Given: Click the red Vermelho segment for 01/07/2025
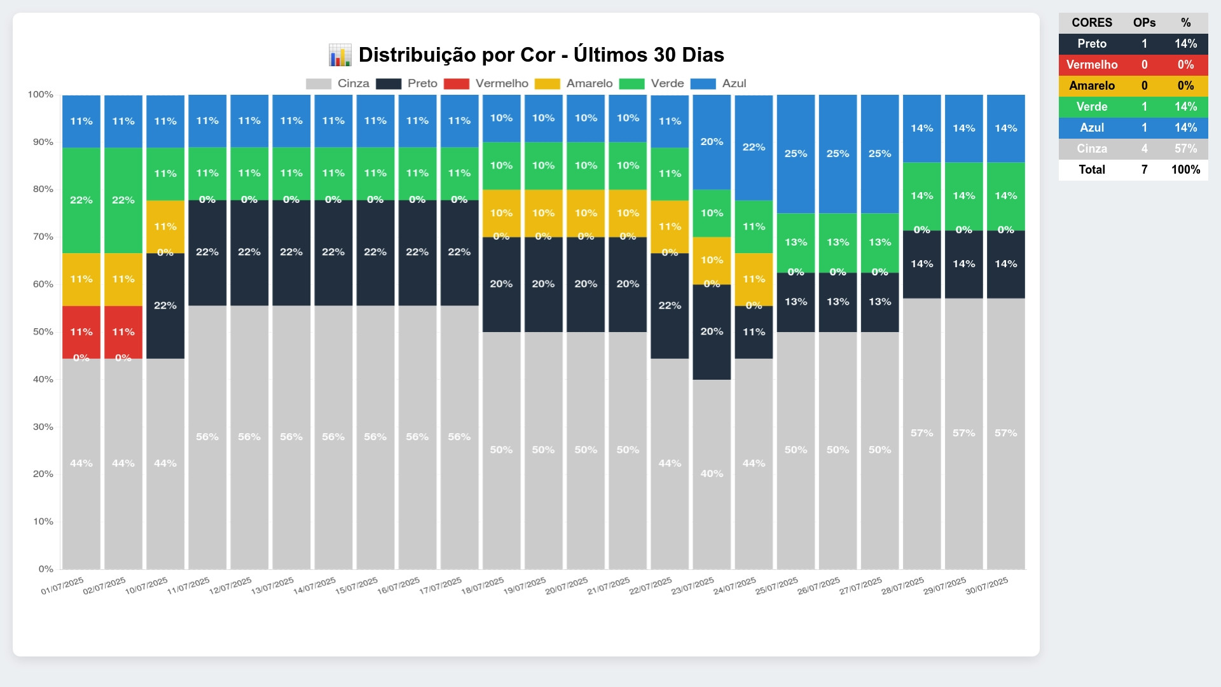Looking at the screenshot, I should coord(81,331).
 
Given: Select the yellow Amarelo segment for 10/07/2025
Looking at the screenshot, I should coord(165,226).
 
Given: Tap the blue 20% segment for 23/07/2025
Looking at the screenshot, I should coord(712,142).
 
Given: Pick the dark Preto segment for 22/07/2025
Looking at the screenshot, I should coord(670,305).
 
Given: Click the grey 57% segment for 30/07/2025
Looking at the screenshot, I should coord(1005,433).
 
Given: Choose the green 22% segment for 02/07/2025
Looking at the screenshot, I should coord(123,200).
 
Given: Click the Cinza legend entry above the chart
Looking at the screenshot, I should coord(338,84).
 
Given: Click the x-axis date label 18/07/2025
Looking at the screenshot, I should coord(483,586).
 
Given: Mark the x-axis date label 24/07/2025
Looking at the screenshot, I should coord(735,586).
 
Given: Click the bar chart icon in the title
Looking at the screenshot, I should coord(340,55).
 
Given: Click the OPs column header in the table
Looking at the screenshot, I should coord(1144,23).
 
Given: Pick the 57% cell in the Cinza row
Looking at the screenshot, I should coord(1185,149).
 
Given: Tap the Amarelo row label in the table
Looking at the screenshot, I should coord(1092,86).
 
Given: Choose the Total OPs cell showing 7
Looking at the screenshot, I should coord(1144,170).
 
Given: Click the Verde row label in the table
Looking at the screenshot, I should coord(1092,107).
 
